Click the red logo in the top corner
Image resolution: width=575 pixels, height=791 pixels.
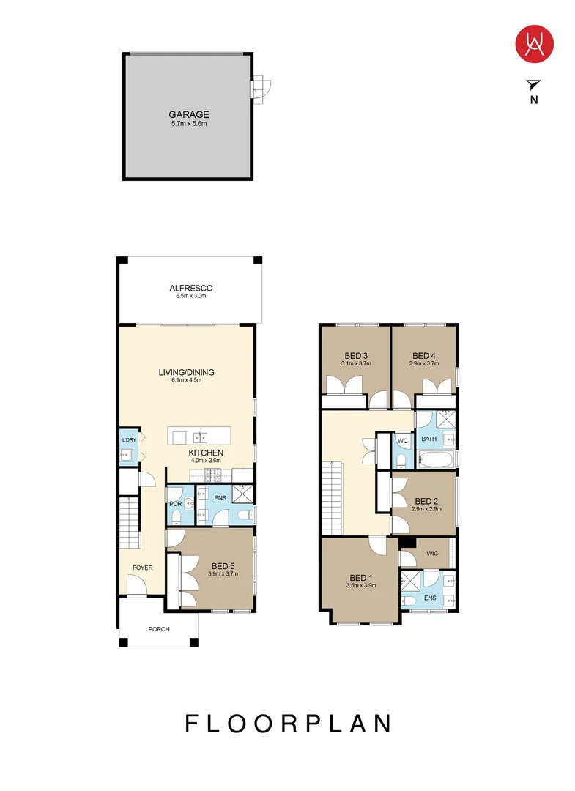click(534, 43)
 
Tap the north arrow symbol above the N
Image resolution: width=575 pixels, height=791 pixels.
click(533, 85)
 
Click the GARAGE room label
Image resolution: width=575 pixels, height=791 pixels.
click(189, 114)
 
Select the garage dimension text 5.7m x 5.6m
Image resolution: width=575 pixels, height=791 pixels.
click(189, 124)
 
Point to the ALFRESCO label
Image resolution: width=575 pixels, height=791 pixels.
click(190, 288)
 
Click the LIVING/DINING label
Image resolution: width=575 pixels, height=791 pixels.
click(186, 372)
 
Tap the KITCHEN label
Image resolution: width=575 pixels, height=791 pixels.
click(206, 453)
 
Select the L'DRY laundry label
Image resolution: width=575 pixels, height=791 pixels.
click(129, 439)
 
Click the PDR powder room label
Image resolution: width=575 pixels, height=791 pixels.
click(175, 504)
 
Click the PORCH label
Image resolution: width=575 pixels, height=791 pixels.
click(159, 628)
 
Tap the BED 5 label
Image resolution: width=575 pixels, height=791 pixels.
click(223, 565)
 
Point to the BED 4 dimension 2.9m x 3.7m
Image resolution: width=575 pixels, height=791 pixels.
click(424, 363)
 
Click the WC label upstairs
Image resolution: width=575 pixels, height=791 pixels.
click(402, 441)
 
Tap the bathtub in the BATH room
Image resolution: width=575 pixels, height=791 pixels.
click(435, 460)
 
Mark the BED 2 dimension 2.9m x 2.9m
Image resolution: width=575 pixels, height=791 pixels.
click(426, 508)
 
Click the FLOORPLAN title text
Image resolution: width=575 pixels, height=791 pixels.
click(287, 724)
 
